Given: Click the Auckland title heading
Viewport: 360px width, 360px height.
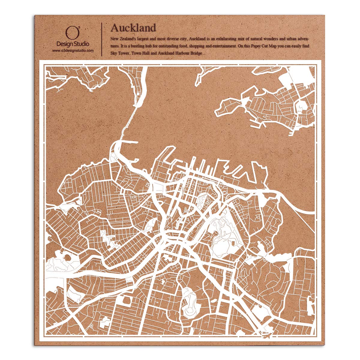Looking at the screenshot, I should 133,28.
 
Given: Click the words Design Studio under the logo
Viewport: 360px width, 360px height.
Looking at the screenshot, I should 73,44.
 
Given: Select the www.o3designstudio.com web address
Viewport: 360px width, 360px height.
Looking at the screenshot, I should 73,51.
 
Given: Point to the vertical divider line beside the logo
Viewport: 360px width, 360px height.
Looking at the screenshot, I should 102,39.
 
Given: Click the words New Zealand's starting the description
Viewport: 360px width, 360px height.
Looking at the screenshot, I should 123,39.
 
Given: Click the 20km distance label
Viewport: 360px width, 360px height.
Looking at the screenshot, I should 265,333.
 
